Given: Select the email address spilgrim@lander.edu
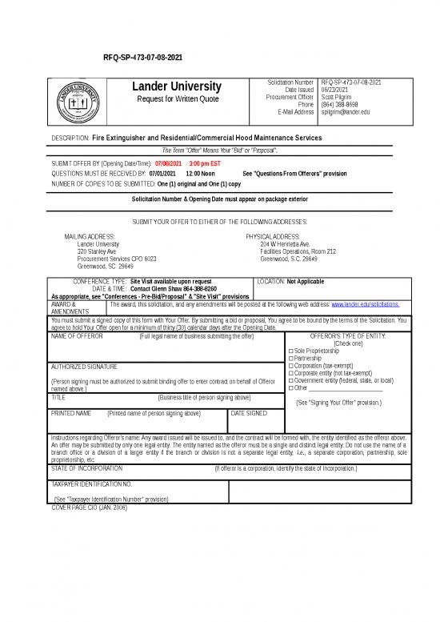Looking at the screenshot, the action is [345, 112].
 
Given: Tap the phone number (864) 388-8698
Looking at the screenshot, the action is [341, 105].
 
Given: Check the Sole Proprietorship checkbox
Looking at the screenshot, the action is [290, 351].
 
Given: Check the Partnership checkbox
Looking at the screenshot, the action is [290, 358].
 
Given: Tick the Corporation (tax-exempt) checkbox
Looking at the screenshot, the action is [290, 365].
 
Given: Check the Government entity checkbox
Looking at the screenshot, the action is [290, 380].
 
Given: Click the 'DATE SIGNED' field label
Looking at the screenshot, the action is [249, 413].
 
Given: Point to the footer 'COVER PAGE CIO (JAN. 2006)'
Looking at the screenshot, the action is [89, 508].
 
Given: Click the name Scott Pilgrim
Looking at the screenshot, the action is [337, 97].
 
